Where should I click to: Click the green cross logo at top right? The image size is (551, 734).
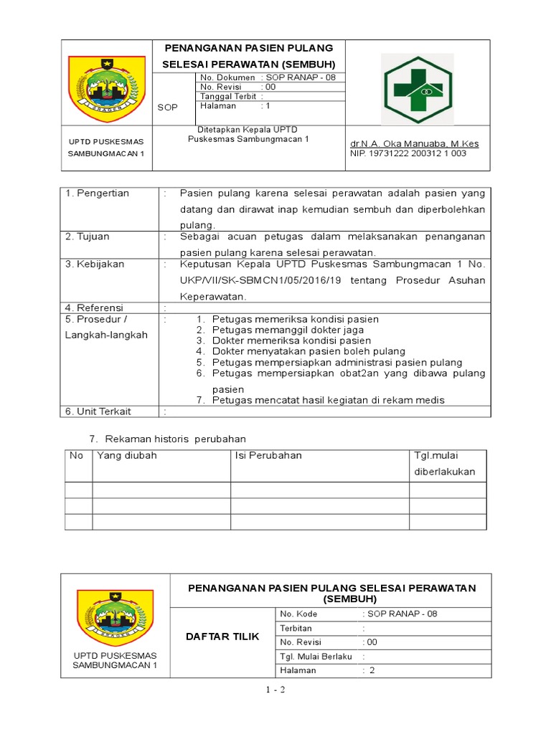(x=417, y=89)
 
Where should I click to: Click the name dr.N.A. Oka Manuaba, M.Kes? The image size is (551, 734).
(x=414, y=143)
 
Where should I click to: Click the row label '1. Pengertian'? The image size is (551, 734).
(x=98, y=194)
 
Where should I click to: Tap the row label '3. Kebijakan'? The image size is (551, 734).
(x=95, y=264)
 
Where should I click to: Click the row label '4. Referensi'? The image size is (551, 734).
(x=94, y=308)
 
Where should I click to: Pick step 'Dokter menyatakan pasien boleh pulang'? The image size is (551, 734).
(x=309, y=351)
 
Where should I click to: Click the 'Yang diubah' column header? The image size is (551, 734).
(x=127, y=456)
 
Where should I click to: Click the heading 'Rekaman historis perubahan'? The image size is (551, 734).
(x=175, y=438)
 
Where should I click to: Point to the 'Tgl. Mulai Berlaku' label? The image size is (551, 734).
(x=316, y=656)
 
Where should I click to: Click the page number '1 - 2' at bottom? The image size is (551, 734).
(x=275, y=690)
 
